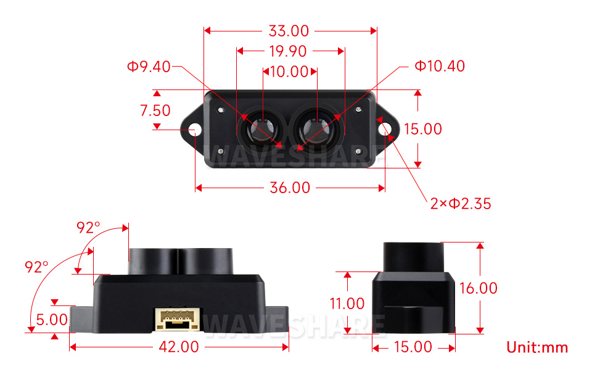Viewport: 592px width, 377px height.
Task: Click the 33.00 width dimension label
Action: point(289,31)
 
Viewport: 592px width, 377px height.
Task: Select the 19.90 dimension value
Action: point(289,51)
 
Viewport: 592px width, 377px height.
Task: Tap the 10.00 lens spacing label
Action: point(289,72)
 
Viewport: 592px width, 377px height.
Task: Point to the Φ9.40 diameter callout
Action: point(149,67)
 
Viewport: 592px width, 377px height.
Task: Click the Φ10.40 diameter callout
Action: point(439,66)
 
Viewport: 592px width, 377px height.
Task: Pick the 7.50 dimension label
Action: point(155,111)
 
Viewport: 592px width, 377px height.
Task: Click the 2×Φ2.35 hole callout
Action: point(461,204)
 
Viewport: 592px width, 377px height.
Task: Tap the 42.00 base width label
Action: point(179,347)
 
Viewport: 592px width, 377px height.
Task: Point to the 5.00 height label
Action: point(52,320)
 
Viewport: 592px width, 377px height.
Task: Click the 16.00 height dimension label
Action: point(478,288)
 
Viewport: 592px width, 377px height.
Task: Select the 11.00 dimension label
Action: point(347,304)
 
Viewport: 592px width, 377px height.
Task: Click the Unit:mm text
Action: point(536,347)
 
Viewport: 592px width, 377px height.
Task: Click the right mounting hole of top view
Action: point(385,129)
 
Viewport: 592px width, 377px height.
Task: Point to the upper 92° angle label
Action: point(88,228)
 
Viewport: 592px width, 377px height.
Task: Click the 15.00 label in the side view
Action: point(413,347)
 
